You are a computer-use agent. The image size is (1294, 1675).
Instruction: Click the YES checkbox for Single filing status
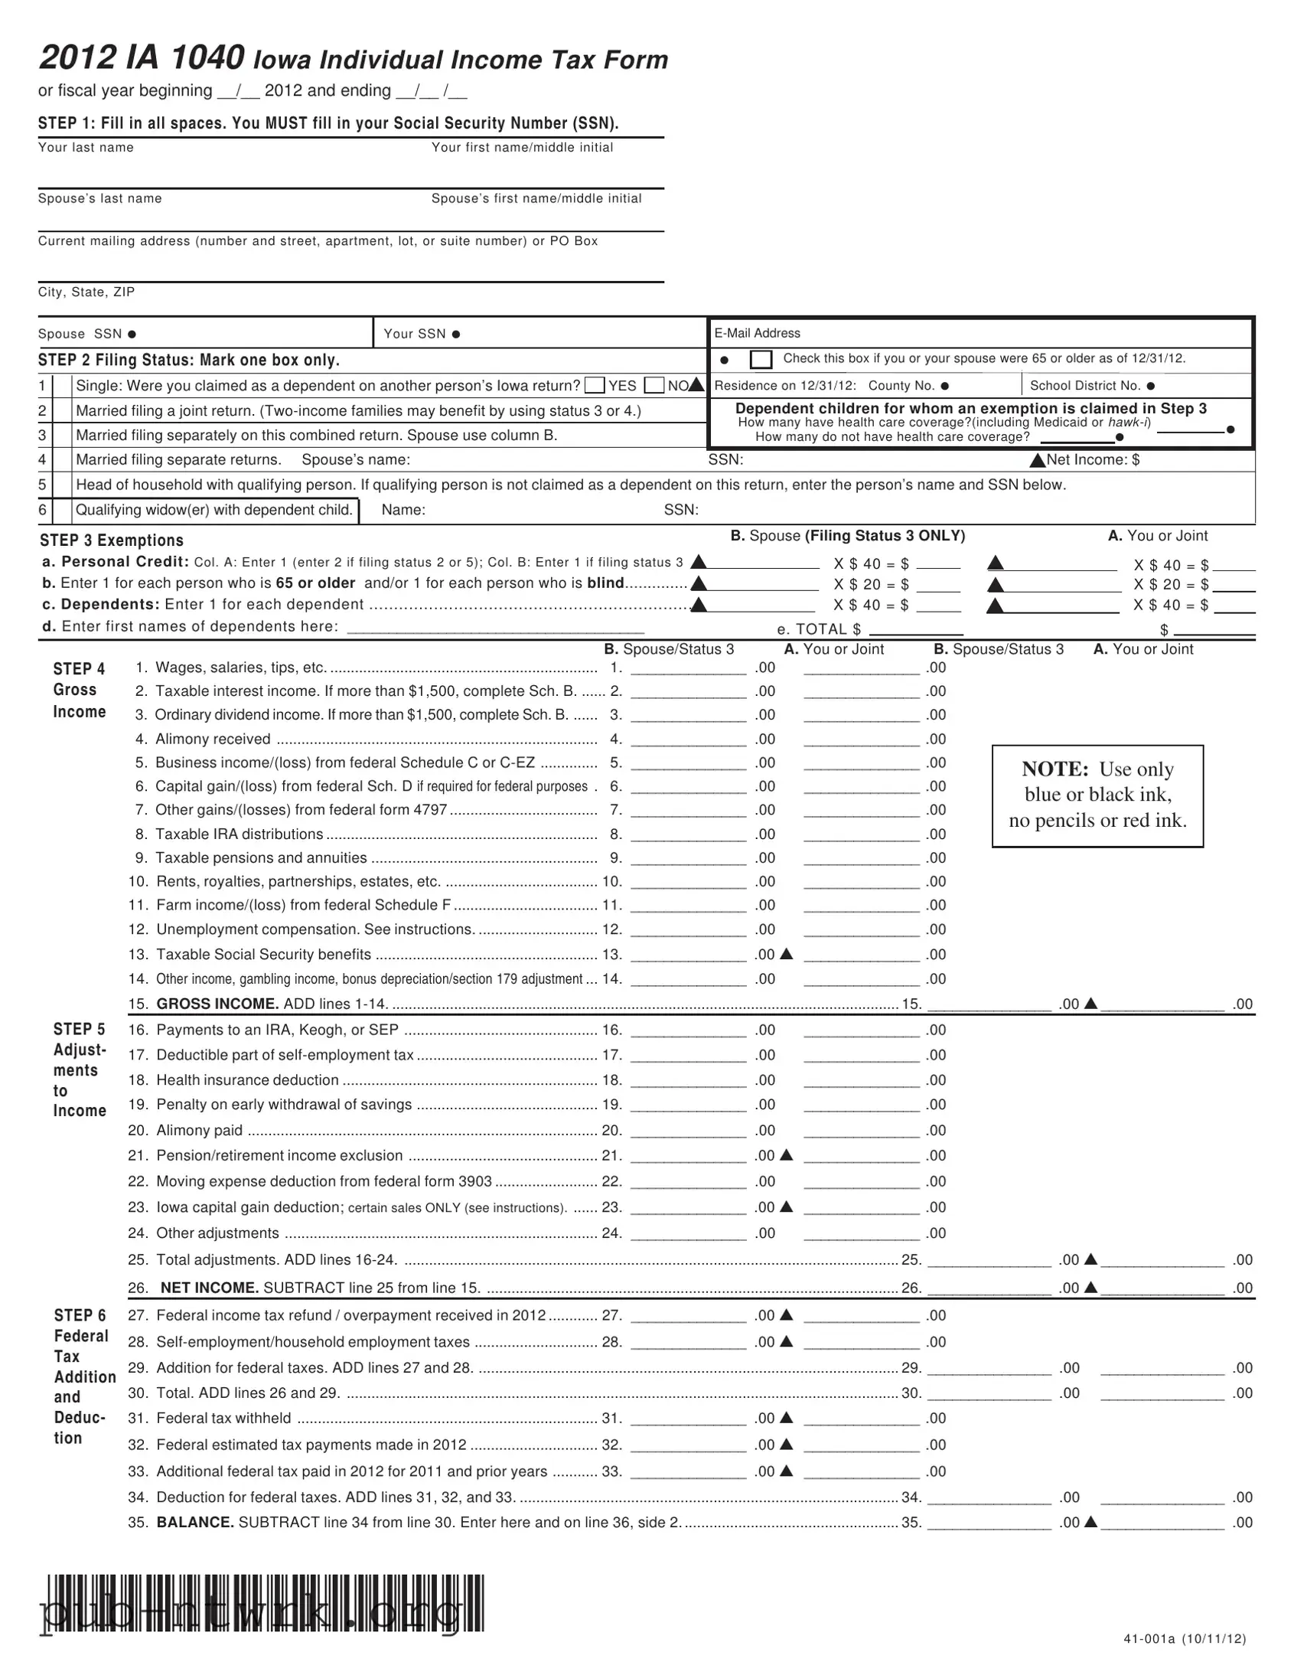coord(594,385)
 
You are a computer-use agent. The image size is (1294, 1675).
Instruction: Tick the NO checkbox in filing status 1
coord(654,385)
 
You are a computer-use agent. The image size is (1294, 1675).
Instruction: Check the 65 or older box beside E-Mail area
coord(761,359)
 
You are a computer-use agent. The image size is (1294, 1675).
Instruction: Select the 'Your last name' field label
coord(86,147)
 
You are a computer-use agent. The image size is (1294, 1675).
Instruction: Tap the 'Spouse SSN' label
coord(80,334)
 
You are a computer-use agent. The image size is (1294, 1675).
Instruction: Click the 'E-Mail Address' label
coord(757,333)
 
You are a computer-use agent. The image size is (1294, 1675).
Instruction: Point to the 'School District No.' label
coord(1085,386)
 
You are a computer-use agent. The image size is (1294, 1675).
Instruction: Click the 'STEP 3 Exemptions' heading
coord(111,540)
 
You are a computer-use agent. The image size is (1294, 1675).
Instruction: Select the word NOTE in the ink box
coord(1054,769)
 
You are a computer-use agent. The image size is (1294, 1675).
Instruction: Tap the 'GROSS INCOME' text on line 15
coord(217,1004)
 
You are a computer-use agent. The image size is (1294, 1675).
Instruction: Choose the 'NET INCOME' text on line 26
coord(208,1288)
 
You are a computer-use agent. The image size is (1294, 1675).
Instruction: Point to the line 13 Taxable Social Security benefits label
coord(263,954)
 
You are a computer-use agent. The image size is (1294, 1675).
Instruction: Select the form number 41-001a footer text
coord(1184,1639)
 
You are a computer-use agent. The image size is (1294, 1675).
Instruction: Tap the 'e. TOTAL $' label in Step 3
coord(819,630)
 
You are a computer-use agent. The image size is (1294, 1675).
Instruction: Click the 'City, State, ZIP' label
coord(86,292)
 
